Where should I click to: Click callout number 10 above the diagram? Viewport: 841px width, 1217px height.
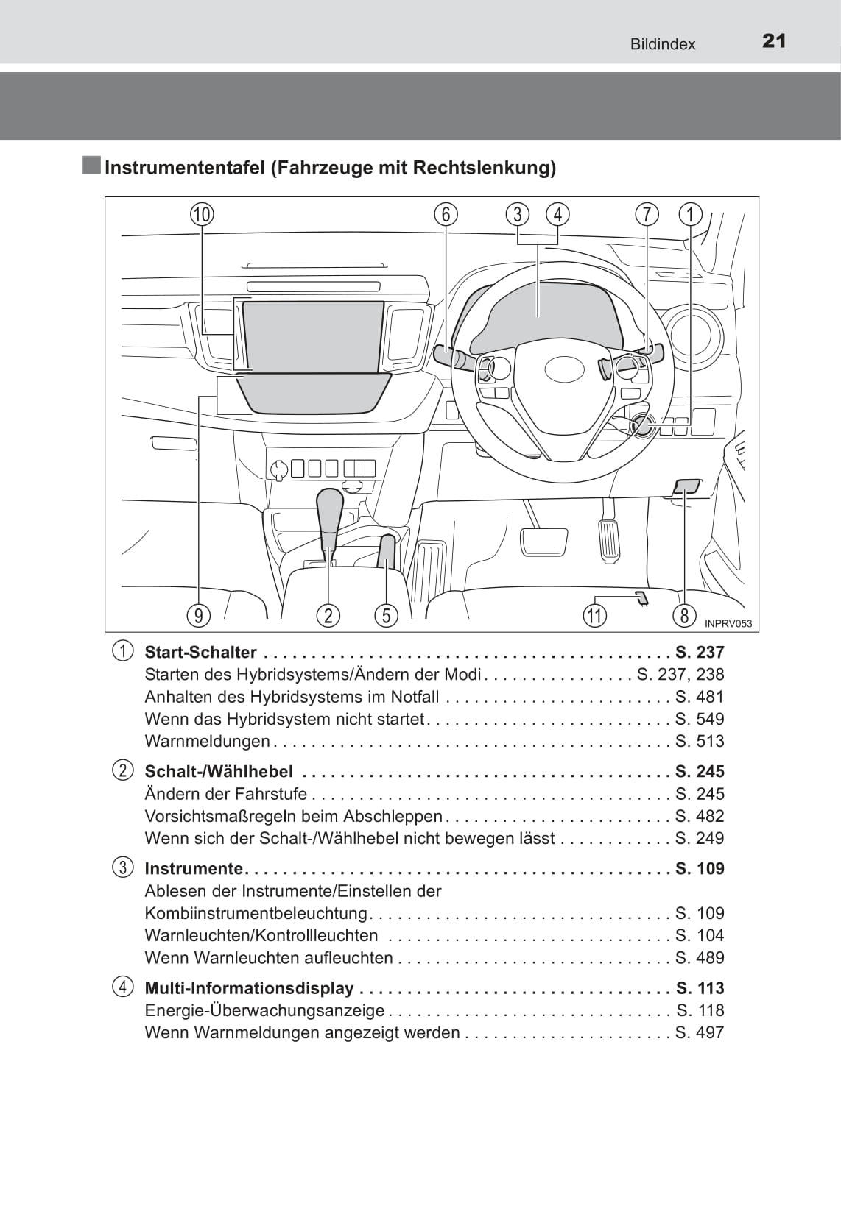(202, 215)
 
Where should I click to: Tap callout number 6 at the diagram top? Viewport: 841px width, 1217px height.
(446, 214)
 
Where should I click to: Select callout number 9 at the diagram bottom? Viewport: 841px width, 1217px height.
(198, 615)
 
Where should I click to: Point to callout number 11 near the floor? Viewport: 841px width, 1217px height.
(594, 615)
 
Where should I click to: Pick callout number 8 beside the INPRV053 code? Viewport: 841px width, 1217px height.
(684, 615)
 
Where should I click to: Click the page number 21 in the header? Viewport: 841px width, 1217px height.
(774, 41)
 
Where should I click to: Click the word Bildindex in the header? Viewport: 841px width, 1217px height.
(662, 44)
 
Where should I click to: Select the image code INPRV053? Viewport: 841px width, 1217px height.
(728, 624)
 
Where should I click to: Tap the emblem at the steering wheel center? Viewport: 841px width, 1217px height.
(563, 369)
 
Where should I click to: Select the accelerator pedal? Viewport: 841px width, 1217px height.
(609, 541)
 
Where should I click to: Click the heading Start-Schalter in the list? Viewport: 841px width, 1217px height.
(200, 653)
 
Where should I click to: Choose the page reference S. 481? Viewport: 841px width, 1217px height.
(700, 697)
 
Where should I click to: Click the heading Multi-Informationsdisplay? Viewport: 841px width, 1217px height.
(249, 988)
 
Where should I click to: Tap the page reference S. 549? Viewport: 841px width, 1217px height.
(700, 719)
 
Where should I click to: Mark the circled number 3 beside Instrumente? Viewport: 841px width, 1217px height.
(123, 867)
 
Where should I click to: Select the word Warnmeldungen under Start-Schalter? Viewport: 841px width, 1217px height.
(208, 741)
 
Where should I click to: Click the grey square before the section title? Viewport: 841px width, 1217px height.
(92, 166)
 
